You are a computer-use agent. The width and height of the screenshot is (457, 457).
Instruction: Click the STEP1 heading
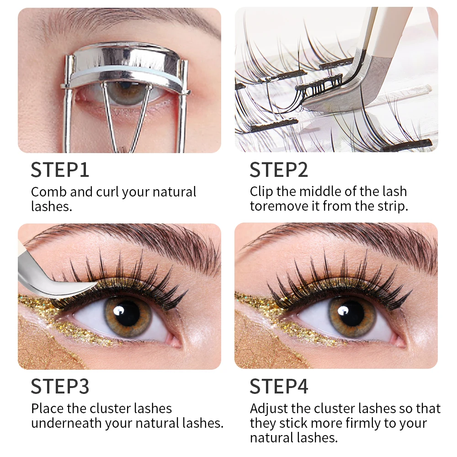60,170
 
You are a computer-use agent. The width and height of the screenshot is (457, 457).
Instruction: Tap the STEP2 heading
279,170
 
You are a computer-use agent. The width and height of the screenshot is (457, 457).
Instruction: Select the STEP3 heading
60,386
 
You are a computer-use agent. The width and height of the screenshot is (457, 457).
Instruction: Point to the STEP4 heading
279,386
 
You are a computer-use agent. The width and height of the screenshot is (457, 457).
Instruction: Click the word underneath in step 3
66,423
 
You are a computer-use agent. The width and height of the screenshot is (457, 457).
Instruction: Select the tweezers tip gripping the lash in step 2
320,91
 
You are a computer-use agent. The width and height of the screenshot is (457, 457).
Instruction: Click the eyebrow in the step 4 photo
347,240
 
